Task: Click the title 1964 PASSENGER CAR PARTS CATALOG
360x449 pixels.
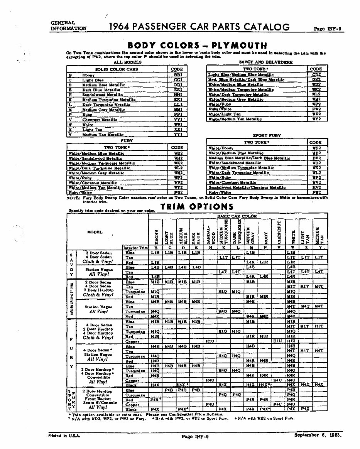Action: [x=199, y=27]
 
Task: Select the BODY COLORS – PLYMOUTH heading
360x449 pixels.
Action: [x=197, y=46]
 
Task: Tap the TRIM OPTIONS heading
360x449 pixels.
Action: [x=197, y=206]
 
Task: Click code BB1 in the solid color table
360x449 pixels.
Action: [x=177, y=74]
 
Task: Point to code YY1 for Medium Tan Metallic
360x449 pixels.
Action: [x=177, y=135]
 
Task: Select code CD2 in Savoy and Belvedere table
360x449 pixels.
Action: [x=316, y=74]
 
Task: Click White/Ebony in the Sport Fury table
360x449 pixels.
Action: [x=221, y=148]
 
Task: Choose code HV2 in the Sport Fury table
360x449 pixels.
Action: [x=316, y=187]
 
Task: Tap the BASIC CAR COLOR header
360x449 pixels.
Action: [x=237, y=216]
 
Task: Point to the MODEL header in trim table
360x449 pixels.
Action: [x=95, y=232]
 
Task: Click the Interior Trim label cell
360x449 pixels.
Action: [x=135, y=248]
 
